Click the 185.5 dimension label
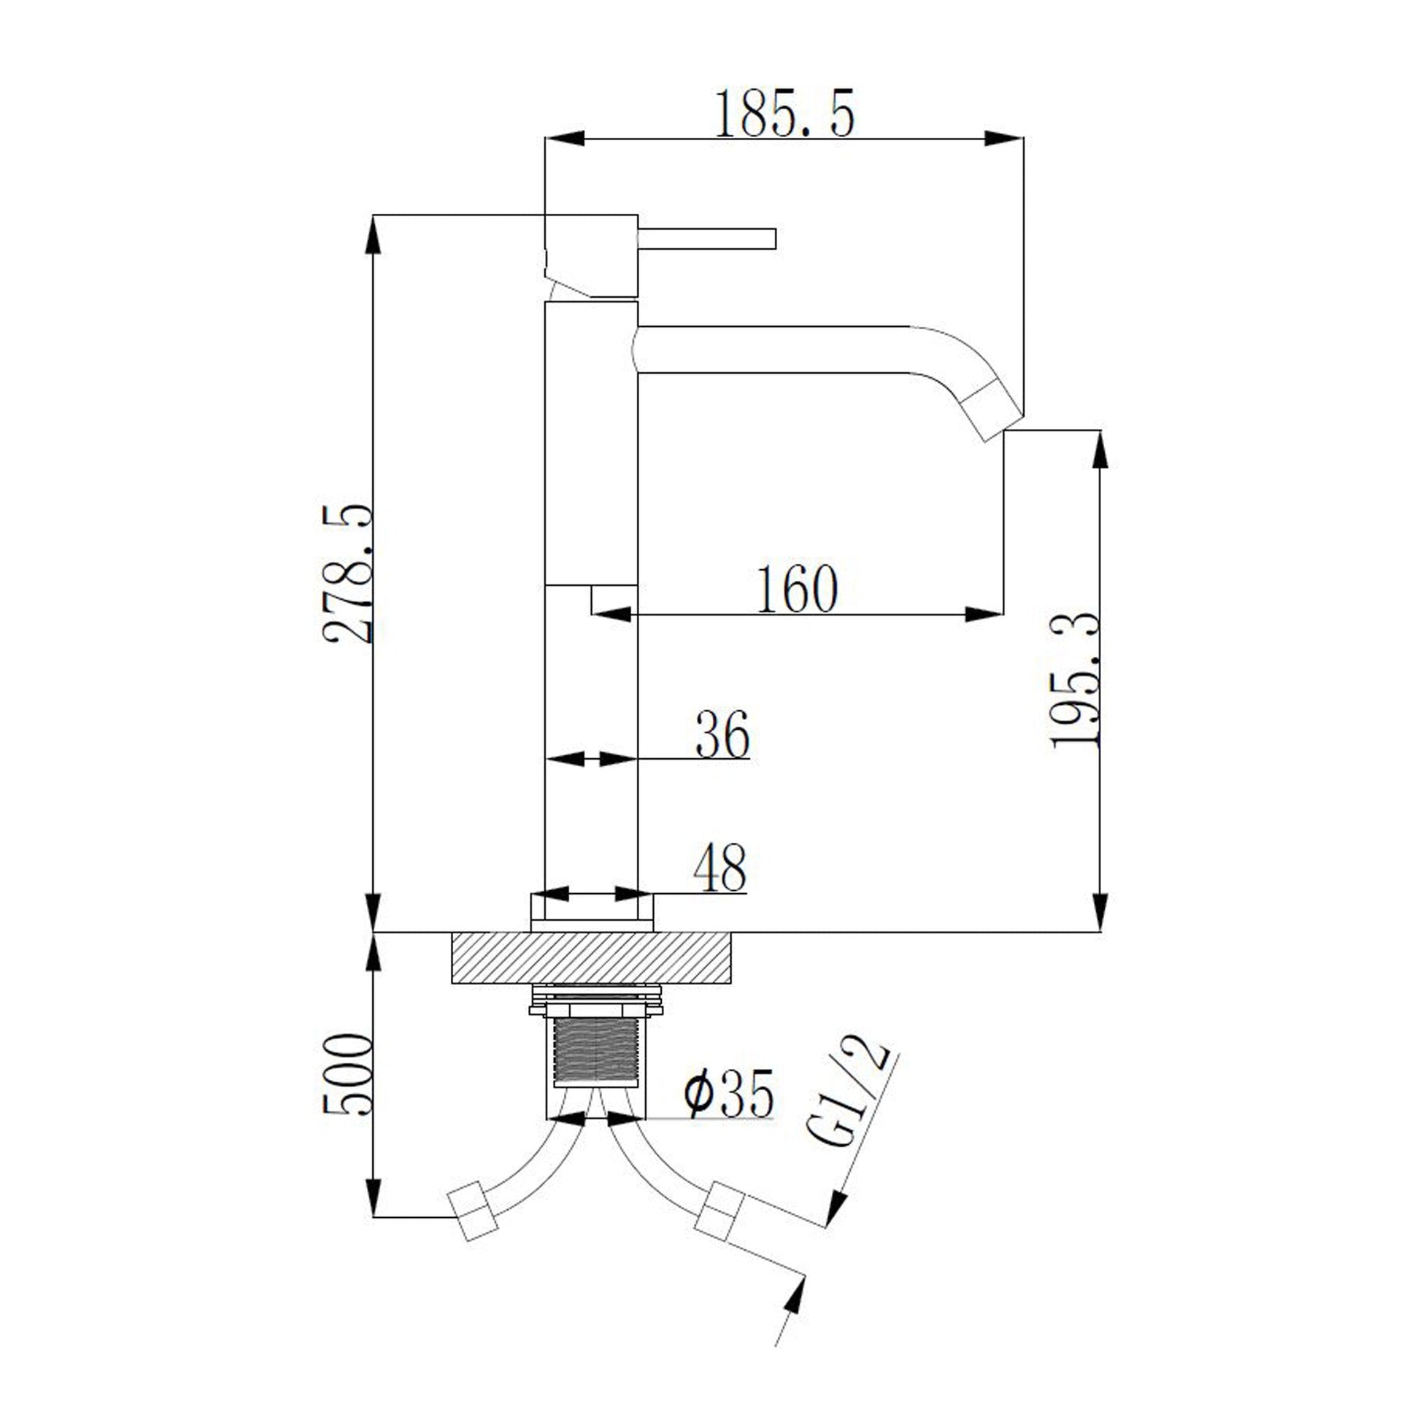coord(785,113)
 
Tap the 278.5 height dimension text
coord(347,574)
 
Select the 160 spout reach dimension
coord(798,588)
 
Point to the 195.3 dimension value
coord(1076,681)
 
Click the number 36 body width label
coord(722,733)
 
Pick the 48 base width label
coord(720,869)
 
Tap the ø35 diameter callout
coord(728,1093)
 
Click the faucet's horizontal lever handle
coord(707,239)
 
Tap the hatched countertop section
coord(592,957)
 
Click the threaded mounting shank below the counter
coord(595,1052)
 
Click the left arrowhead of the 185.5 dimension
coord(565,138)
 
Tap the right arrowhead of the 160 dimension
coord(984,614)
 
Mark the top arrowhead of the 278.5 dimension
coord(374,234)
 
